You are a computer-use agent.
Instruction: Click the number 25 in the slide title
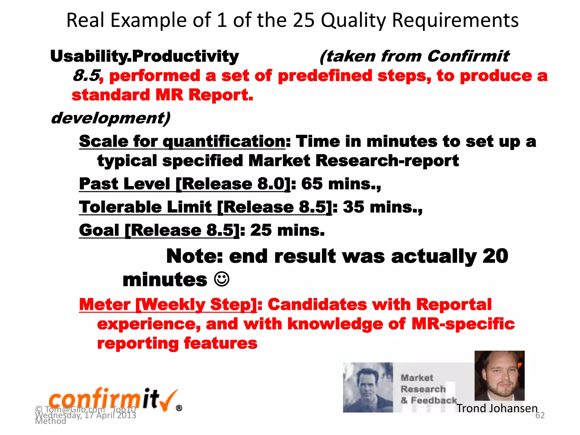coord(304,20)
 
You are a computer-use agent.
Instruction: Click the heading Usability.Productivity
coord(144,56)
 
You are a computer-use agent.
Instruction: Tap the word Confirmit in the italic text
coord(468,56)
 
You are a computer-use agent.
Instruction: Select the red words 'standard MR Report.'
coord(162,95)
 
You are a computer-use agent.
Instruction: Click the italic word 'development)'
coord(110,118)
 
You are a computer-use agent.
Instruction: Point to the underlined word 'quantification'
coord(224,141)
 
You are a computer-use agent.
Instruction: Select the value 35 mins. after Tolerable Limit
coord(382,207)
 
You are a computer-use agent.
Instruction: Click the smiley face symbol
coord(221,280)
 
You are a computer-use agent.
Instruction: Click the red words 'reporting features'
coord(177,344)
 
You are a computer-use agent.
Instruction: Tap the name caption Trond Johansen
coord(497,408)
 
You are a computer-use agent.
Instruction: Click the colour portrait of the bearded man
coord(499,376)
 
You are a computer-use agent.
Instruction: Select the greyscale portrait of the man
coord(368,387)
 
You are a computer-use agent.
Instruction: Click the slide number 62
coord(540,415)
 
